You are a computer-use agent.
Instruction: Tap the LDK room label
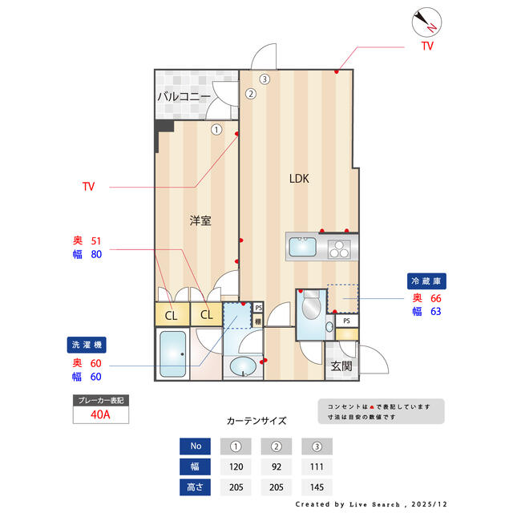pyautogui.click(x=299, y=179)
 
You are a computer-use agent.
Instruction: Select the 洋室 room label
pyautogui.click(x=200, y=220)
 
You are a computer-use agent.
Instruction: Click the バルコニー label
pyautogui.click(x=184, y=97)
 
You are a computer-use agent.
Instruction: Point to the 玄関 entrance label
pyautogui.click(x=341, y=366)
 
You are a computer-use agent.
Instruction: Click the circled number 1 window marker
pyautogui.click(x=216, y=128)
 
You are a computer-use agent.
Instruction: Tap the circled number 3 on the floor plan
pyautogui.click(x=264, y=79)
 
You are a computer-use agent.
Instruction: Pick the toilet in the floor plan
pyautogui.click(x=310, y=308)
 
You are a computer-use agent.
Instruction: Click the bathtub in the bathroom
pyautogui.click(x=172, y=353)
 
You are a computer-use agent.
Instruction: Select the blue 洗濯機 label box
pyautogui.click(x=86, y=345)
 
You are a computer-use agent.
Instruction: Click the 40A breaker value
pyautogui.click(x=100, y=415)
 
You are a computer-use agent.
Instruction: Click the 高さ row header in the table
pyautogui.click(x=196, y=487)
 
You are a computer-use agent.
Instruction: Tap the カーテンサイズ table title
pyautogui.click(x=256, y=420)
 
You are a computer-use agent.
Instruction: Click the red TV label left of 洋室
pyautogui.click(x=88, y=187)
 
